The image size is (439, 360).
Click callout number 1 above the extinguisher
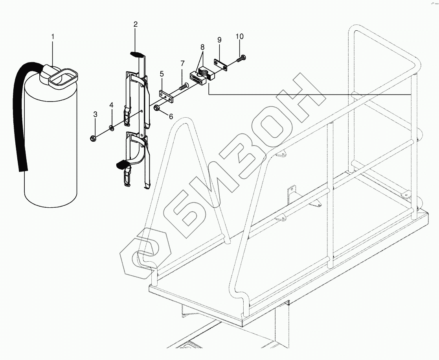click(53, 37)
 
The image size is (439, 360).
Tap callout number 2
click(135, 24)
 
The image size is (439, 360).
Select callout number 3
click(95, 114)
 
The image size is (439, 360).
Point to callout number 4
click(112, 105)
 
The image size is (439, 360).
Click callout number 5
click(161, 74)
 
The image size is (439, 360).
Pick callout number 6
click(171, 116)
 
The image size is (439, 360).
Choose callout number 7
click(182, 63)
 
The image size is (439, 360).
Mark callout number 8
click(202, 47)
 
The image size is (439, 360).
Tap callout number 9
click(219, 40)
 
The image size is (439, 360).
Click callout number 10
click(240, 37)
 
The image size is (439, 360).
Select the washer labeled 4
click(112, 127)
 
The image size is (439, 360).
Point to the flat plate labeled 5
click(166, 96)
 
